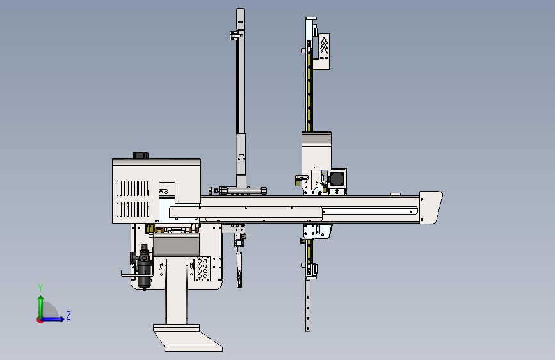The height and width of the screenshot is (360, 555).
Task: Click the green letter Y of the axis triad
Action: (x=40, y=288)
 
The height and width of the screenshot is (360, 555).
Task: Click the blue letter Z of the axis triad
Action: (x=68, y=315)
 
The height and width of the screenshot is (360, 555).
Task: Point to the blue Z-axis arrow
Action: (x=52, y=319)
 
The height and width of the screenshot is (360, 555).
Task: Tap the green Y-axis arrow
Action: (x=41, y=308)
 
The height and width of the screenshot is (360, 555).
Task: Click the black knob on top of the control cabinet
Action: (x=141, y=155)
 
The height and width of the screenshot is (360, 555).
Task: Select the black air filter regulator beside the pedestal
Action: (x=143, y=266)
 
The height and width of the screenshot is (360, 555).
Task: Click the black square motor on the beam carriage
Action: (x=337, y=178)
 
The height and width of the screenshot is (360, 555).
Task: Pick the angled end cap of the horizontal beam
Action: (x=430, y=208)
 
